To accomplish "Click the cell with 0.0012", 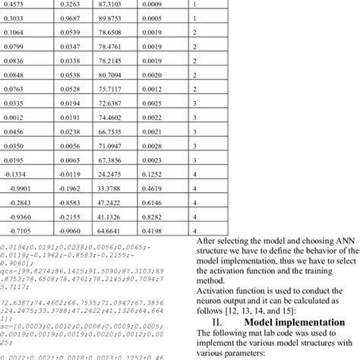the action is tap(13, 139).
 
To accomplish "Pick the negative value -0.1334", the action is tap(14, 195).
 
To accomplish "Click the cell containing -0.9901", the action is tap(14, 209).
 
